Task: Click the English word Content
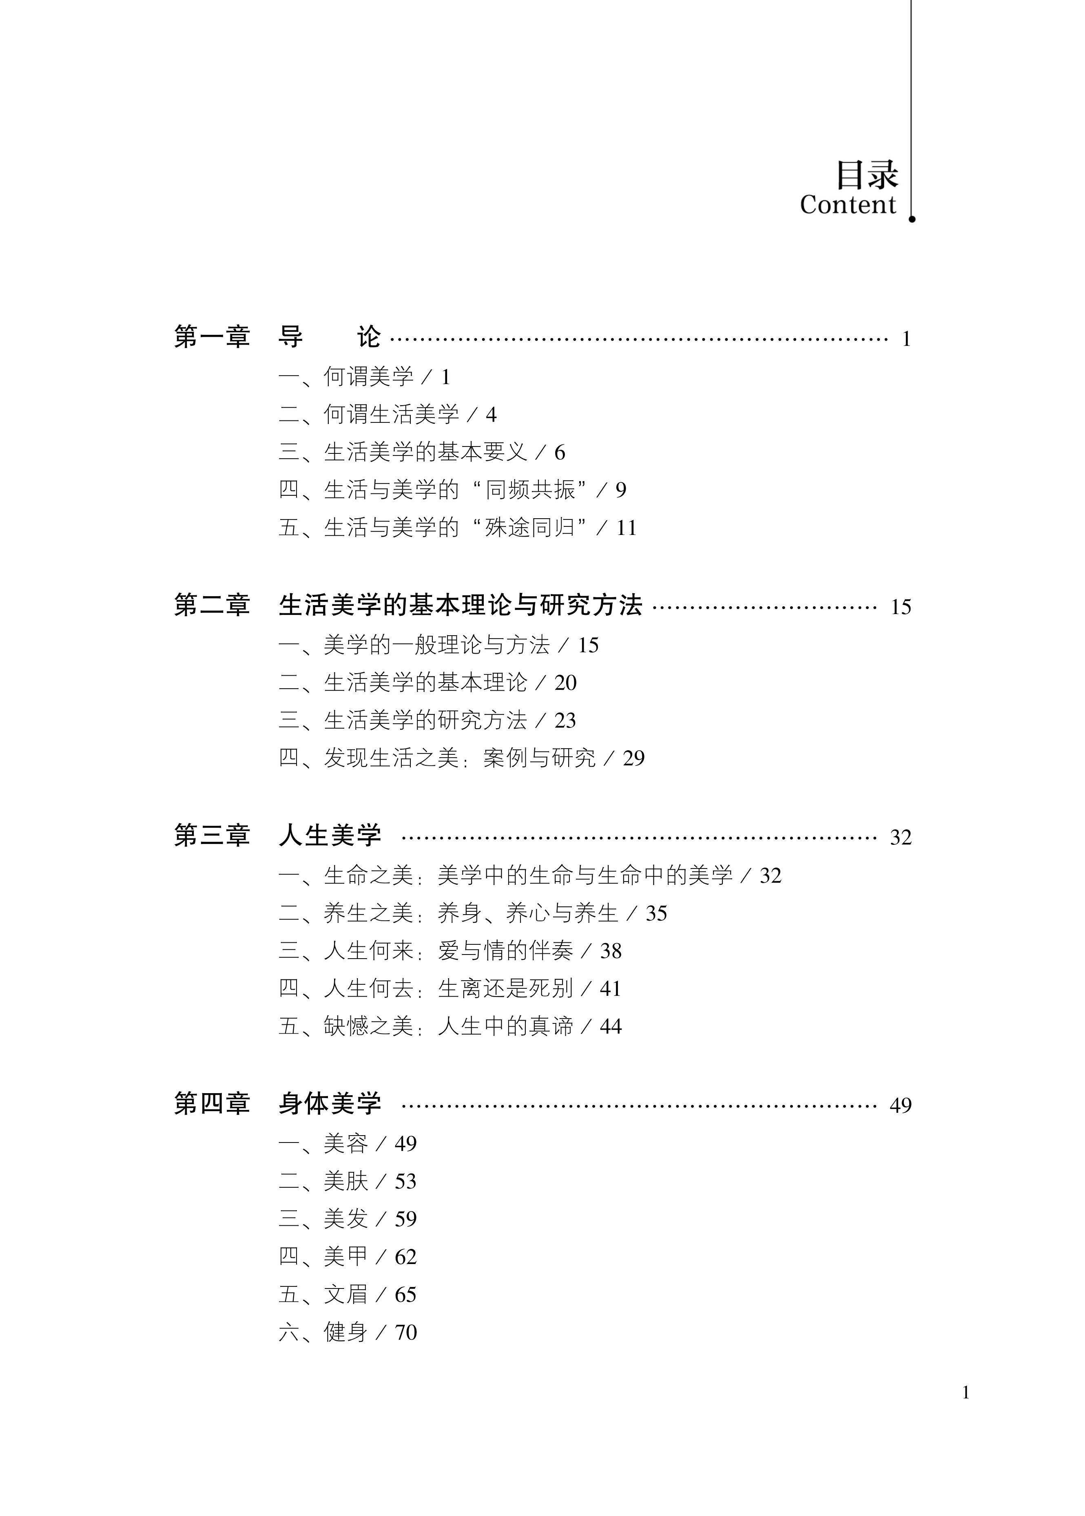click(848, 205)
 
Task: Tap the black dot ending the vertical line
click(912, 219)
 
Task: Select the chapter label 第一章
click(212, 337)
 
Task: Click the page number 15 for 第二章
click(901, 607)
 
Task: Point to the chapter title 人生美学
click(330, 835)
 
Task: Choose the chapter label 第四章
click(212, 1104)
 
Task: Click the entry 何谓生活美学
click(392, 415)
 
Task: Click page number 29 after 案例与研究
click(633, 759)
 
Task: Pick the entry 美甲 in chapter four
click(346, 1257)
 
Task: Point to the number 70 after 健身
click(405, 1333)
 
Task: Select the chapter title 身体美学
click(330, 1104)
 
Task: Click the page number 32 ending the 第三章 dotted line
click(901, 838)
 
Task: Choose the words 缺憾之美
click(369, 1026)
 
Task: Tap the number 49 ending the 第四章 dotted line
click(901, 1106)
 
